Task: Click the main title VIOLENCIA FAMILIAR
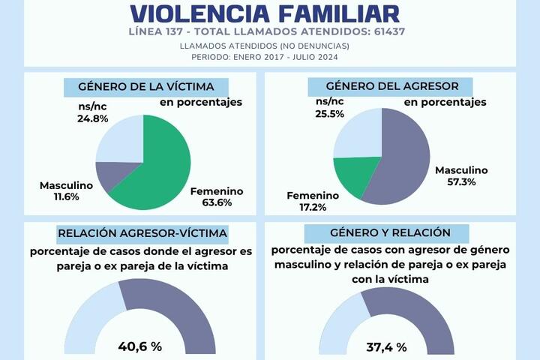(265, 13)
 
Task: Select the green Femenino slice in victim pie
(161, 165)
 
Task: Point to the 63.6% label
(217, 202)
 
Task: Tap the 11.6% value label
(54, 196)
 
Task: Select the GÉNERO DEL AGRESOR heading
(403, 85)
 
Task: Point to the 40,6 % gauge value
(140, 346)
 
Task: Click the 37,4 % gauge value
(386, 347)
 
